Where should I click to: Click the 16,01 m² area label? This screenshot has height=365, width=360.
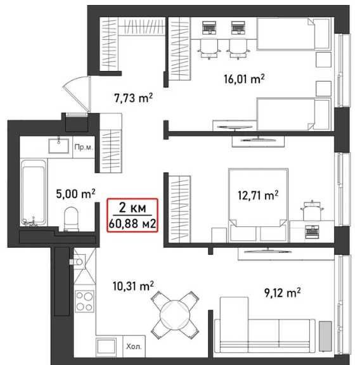click(244, 79)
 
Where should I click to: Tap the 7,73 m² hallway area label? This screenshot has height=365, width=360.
click(133, 98)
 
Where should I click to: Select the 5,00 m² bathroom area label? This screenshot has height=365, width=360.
click(75, 193)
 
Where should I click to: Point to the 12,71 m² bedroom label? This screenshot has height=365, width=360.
click(258, 195)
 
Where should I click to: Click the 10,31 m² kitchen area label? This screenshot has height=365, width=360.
click(133, 286)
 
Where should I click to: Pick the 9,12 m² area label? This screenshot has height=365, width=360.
click(282, 293)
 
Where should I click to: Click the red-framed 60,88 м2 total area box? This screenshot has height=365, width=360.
click(132, 215)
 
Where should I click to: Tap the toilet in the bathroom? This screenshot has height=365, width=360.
click(71, 219)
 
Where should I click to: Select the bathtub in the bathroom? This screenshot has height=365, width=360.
click(34, 193)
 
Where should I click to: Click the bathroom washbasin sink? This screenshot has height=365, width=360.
click(59, 146)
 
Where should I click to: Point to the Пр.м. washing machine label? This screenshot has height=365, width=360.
click(84, 148)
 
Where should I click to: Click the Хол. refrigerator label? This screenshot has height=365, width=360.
click(134, 347)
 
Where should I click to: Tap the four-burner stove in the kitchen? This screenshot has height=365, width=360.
click(84, 301)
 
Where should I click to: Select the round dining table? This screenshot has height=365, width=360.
click(175, 315)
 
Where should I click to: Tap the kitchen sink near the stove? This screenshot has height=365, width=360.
click(79, 262)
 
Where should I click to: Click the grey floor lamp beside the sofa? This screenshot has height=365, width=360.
click(325, 336)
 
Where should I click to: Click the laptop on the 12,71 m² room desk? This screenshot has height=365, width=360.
click(312, 231)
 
